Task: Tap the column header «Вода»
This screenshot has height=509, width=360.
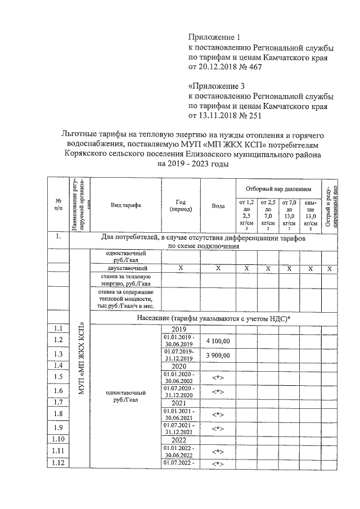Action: click(218, 206)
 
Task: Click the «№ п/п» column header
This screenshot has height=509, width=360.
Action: click(58, 205)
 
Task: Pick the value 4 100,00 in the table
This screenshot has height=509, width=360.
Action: click(218, 341)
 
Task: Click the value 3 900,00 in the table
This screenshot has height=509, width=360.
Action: click(218, 355)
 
